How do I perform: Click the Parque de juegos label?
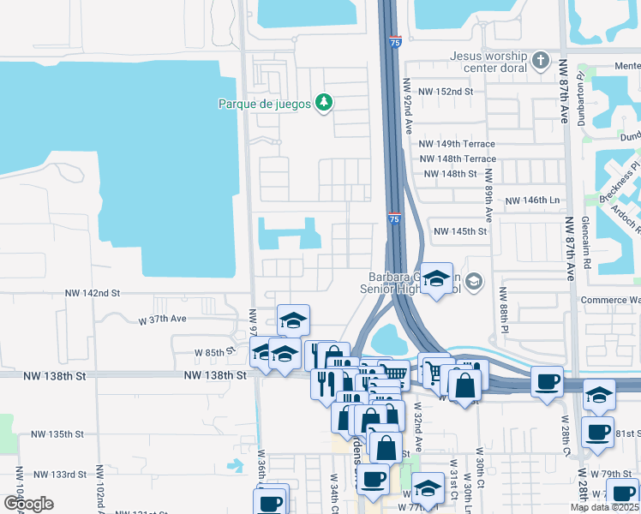point(265,105)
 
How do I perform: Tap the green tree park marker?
point(324,104)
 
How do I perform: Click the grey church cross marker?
point(540,61)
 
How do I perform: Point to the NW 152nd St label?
point(445,92)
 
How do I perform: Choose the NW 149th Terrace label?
point(457,144)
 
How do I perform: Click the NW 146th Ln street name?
point(532,200)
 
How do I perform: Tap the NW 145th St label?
point(459,231)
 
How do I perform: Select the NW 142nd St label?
point(93,293)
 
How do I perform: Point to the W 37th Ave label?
point(162,319)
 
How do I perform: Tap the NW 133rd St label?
point(60,474)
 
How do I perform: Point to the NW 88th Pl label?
point(504,313)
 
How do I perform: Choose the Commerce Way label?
point(610,301)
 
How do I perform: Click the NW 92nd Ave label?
point(408,107)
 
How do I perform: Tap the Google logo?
point(28,504)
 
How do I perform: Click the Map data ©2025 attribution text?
point(605,507)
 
